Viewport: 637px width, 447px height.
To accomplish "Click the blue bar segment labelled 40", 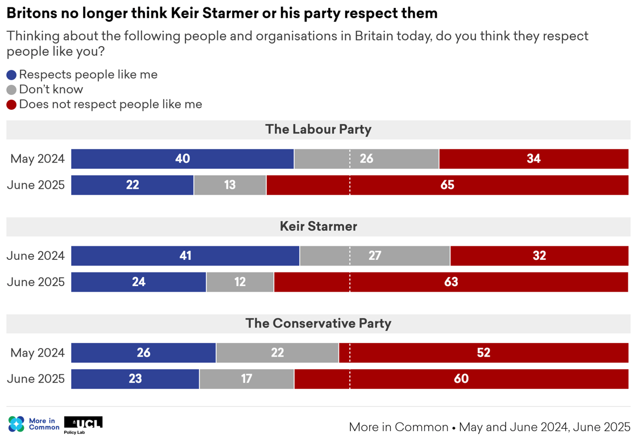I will click(182, 159).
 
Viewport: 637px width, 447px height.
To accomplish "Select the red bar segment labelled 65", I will click(447, 185).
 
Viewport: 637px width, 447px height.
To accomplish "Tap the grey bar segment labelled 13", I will click(230, 185).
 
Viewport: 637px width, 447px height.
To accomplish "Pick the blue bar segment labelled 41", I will click(185, 256).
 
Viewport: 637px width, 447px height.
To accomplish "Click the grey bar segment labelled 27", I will click(374, 256).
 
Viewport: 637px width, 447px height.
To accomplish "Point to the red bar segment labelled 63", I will click(451, 282).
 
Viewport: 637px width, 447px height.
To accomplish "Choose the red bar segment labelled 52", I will click(483, 353).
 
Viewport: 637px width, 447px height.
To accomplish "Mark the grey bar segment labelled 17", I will click(246, 379).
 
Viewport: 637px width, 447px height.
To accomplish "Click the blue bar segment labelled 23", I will click(135, 379).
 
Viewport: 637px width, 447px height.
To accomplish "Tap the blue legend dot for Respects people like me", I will click(11, 75).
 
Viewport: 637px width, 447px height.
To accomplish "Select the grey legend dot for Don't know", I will click(11, 90).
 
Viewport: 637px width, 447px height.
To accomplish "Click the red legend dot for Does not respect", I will click(11, 105).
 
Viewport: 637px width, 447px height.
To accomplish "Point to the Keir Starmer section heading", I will click(318, 226).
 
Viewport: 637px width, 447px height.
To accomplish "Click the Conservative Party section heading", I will click(318, 324).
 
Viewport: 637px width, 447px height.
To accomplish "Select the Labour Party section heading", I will click(318, 130).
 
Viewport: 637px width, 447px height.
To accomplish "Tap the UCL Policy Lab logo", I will click(83, 424).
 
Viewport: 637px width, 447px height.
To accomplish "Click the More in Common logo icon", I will click(16, 424).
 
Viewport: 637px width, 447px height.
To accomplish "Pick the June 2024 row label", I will click(35, 256).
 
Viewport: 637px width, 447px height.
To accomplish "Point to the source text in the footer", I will click(489, 427).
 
